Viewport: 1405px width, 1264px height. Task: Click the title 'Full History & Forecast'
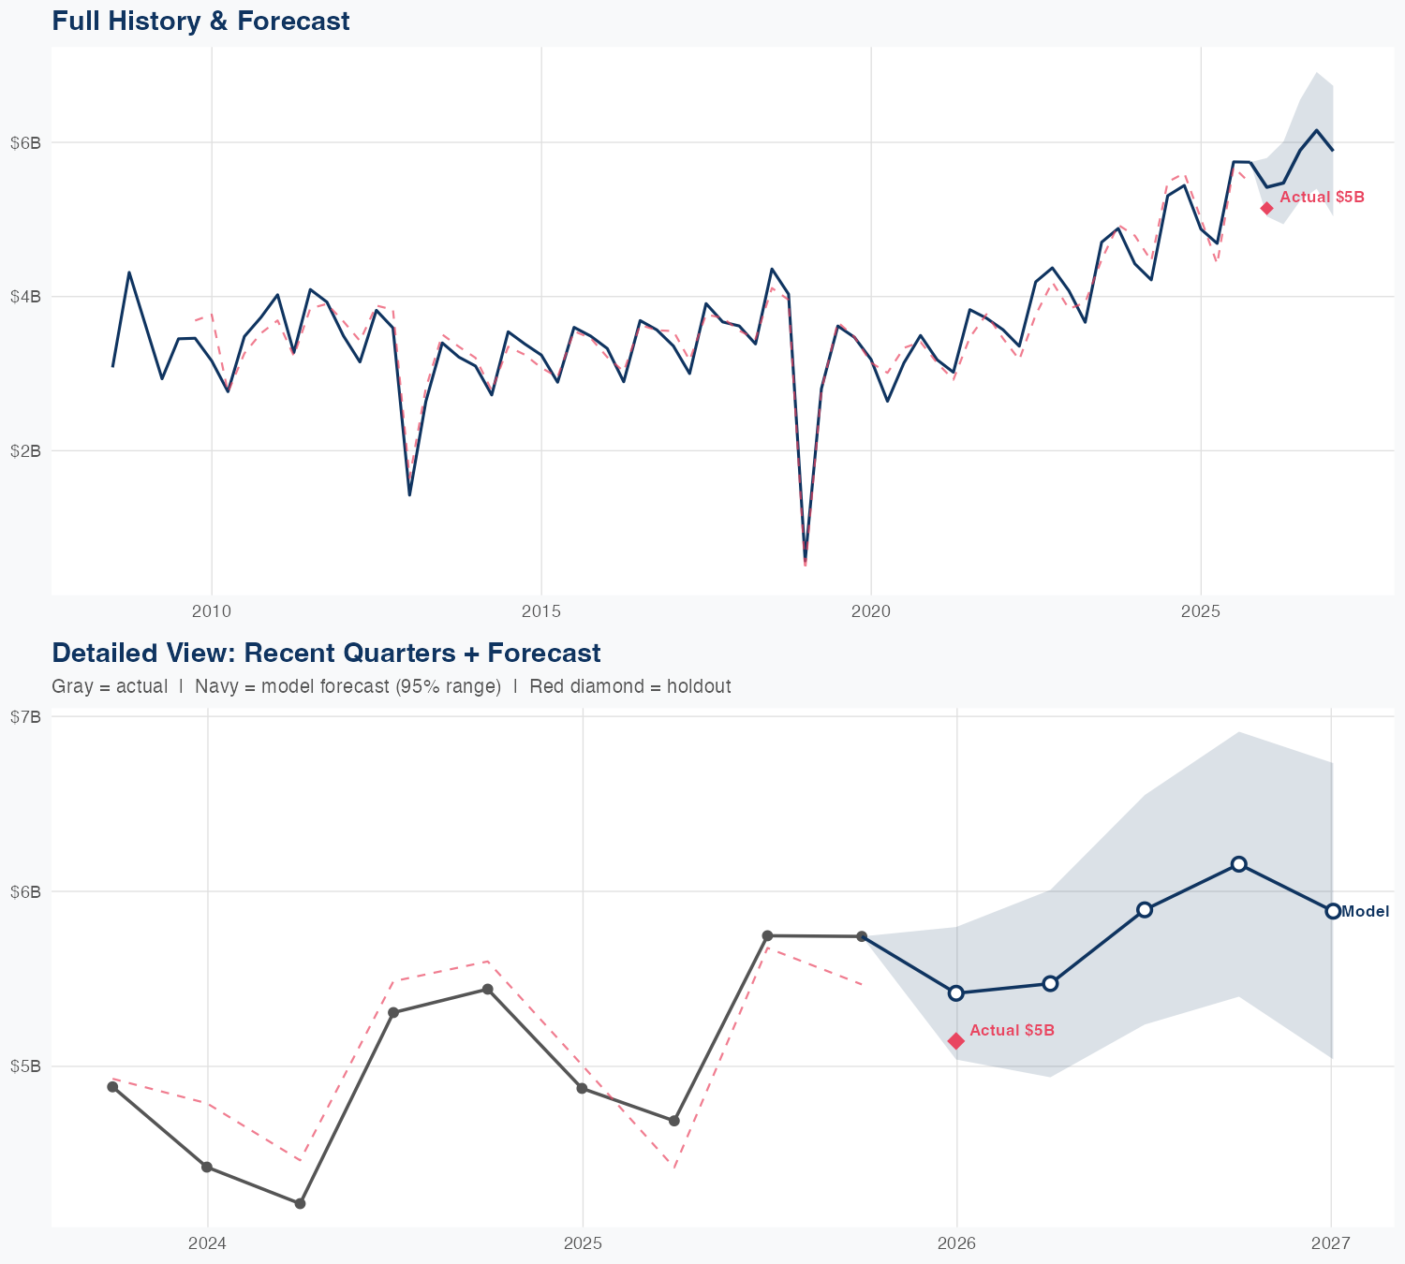pyautogui.click(x=200, y=21)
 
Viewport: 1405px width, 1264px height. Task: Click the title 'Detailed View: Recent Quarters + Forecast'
pyautogui.click(x=326, y=653)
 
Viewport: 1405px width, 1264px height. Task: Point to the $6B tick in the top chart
pyautogui.click(x=25, y=142)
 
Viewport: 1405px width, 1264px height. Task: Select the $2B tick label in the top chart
pyautogui.click(x=25, y=450)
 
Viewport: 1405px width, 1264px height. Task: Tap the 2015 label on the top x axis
pyautogui.click(x=540, y=612)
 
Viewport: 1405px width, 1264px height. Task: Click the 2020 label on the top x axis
pyautogui.click(x=870, y=612)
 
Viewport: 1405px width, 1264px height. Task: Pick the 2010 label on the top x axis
pyautogui.click(x=211, y=612)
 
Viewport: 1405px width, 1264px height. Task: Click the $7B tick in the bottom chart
pyautogui.click(x=25, y=716)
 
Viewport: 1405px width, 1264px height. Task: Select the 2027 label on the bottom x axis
pyautogui.click(x=1330, y=1243)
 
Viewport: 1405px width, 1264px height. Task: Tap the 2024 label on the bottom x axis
pyautogui.click(x=207, y=1243)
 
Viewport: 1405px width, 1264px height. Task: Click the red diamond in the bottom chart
pyautogui.click(x=956, y=1041)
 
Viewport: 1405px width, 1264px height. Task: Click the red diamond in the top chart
pyautogui.click(x=1266, y=208)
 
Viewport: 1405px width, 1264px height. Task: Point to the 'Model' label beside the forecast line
pyautogui.click(x=1366, y=912)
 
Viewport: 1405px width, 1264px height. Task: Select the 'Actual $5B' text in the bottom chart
pyautogui.click(x=1012, y=1030)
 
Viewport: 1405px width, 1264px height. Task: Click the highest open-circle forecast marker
pyautogui.click(x=1238, y=864)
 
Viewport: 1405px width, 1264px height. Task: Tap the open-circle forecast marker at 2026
pyautogui.click(x=956, y=992)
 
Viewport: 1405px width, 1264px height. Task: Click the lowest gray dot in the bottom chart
pyautogui.click(x=300, y=1203)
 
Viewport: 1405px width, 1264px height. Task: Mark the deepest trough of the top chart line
pyautogui.click(x=805, y=560)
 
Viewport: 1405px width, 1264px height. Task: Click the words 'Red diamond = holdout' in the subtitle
pyautogui.click(x=629, y=686)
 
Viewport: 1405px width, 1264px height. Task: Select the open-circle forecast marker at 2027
pyautogui.click(x=1333, y=911)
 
